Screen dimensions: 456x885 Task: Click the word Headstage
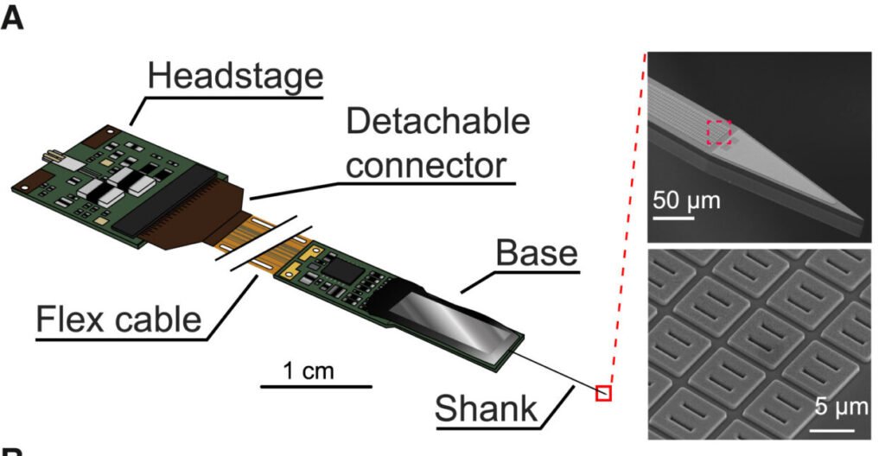[234, 76]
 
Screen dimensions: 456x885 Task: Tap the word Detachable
[438, 122]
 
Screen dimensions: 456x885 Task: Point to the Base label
[536, 253]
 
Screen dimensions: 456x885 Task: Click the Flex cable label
[119, 319]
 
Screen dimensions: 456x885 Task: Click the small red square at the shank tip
[603, 394]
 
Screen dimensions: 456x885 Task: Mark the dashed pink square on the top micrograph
[719, 132]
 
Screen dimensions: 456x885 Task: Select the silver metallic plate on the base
[454, 319]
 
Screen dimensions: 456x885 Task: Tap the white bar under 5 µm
[837, 426]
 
